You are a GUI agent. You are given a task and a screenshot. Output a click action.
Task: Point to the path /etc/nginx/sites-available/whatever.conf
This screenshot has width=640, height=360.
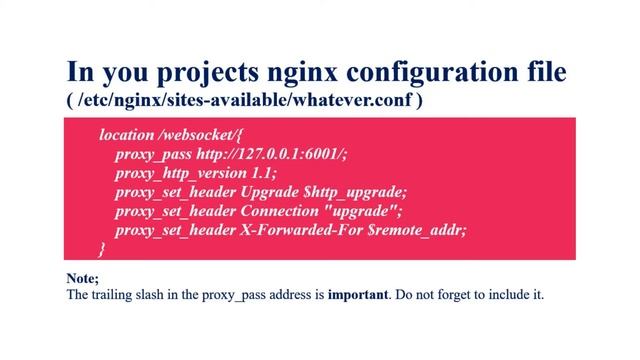click(245, 101)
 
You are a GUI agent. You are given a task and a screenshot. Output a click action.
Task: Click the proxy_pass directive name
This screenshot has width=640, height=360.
click(149, 154)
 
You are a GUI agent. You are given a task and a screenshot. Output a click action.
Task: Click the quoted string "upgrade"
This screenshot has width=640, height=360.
click(366, 211)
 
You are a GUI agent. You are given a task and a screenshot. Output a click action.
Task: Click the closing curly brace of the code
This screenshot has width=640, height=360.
click(101, 248)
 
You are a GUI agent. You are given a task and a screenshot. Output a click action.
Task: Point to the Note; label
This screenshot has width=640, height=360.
click(82, 278)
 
